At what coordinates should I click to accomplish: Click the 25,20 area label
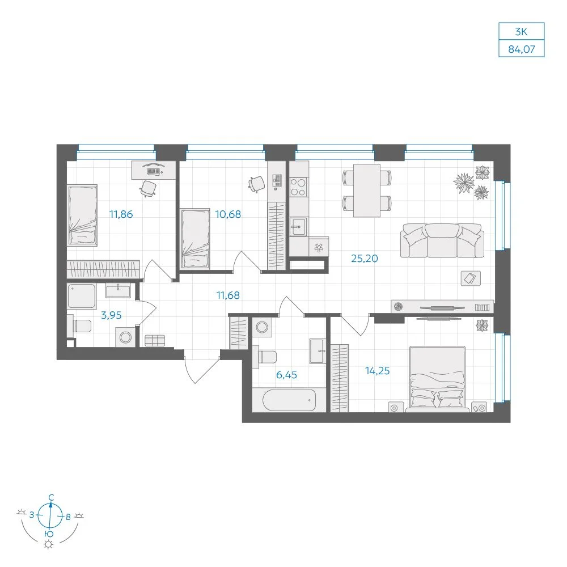(365, 259)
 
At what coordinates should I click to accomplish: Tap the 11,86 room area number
(121, 214)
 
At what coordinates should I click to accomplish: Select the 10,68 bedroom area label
(228, 214)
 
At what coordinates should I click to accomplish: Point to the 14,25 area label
(378, 371)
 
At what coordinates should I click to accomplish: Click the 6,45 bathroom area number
(286, 375)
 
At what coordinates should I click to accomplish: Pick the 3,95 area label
(111, 315)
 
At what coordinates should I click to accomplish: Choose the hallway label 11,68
(228, 295)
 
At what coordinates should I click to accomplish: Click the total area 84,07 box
(522, 49)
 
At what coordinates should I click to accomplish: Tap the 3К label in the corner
(522, 32)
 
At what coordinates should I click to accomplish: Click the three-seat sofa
(442, 240)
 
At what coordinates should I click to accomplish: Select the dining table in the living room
(367, 191)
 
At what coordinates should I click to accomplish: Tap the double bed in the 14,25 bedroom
(437, 379)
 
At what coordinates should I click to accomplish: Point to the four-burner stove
(298, 187)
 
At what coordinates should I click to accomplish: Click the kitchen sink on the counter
(298, 226)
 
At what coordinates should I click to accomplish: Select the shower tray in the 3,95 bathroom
(82, 296)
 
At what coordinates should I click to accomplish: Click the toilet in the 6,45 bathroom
(265, 357)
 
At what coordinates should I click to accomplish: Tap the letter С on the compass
(51, 498)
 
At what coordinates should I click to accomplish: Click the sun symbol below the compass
(48, 544)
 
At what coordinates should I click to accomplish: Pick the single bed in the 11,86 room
(82, 215)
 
